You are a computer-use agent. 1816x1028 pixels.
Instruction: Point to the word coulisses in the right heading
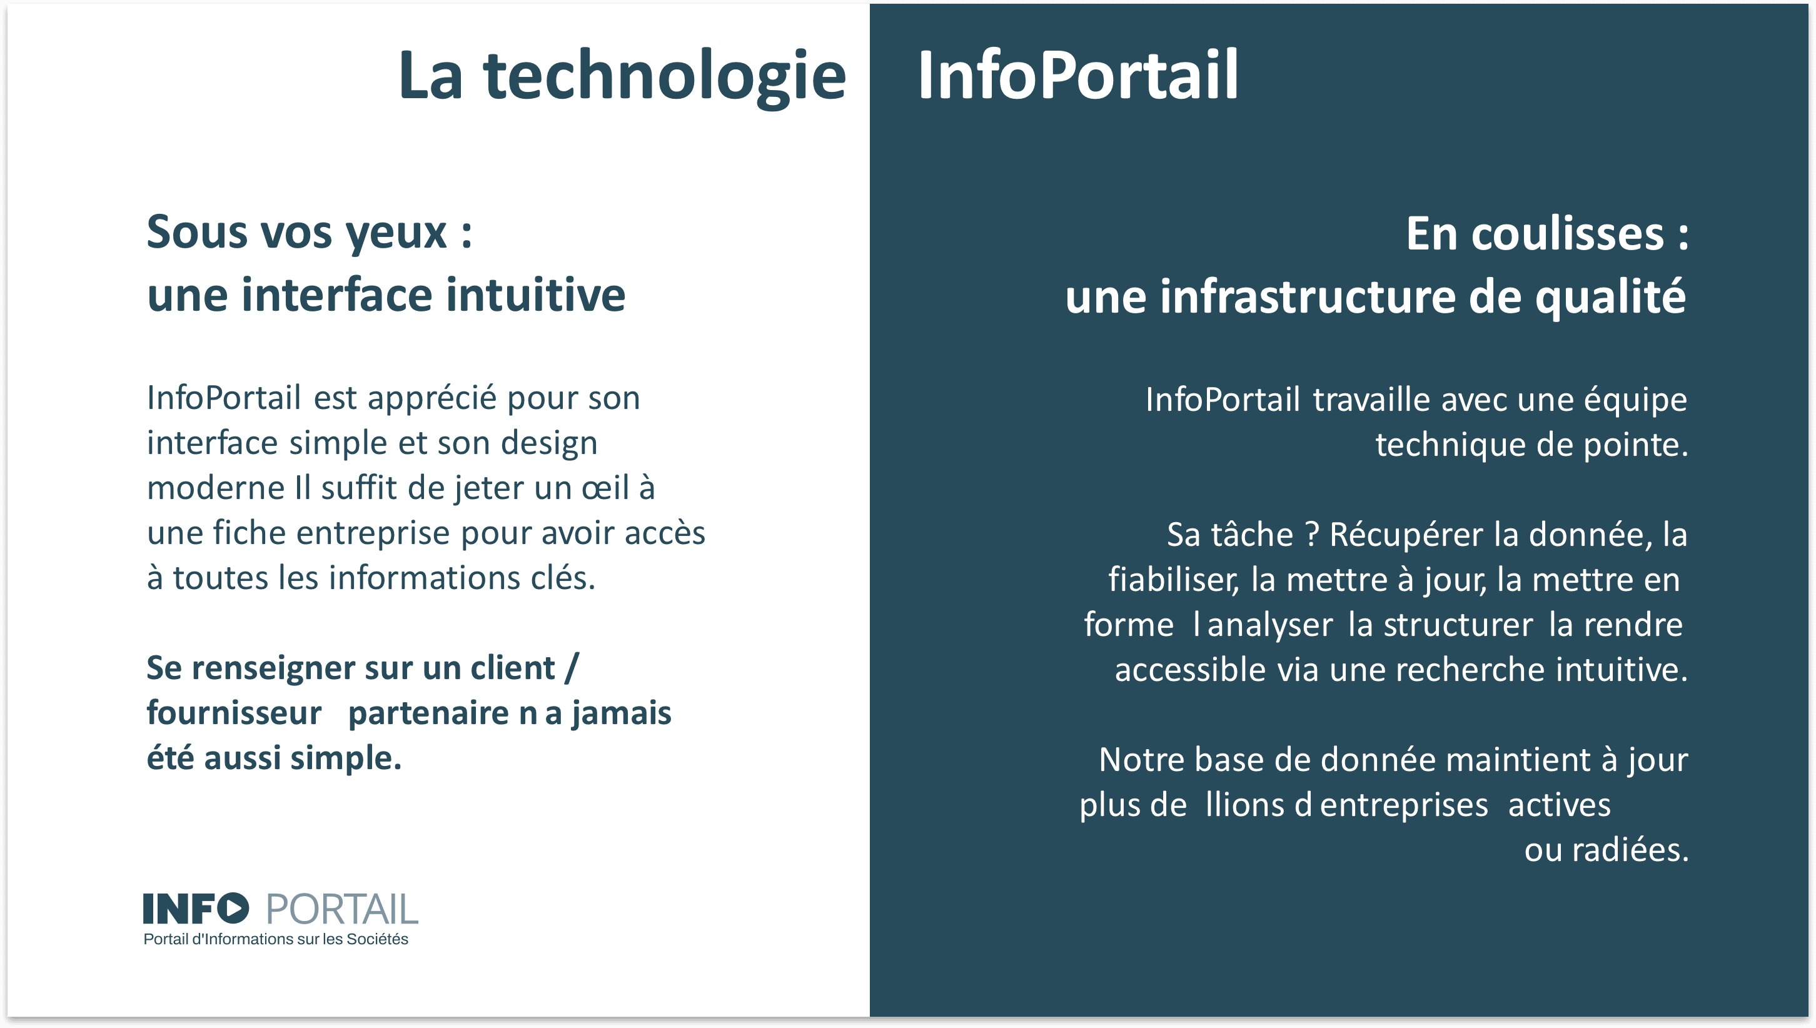click(1568, 234)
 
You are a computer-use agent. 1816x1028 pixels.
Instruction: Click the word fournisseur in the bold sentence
click(234, 713)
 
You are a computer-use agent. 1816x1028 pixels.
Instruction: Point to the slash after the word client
click(571, 668)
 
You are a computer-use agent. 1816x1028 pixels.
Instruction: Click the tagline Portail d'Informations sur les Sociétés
click(276, 940)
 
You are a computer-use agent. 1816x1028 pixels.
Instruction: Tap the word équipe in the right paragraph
click(1635, 400)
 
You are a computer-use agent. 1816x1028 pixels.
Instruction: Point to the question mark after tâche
click(1312, 535)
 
